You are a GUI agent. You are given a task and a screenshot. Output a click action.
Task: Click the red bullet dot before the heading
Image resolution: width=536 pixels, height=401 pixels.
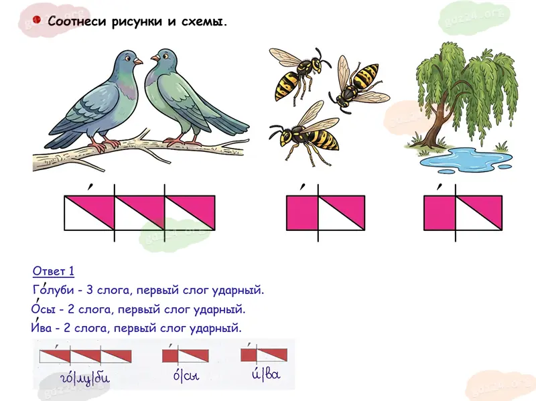click(37, 20)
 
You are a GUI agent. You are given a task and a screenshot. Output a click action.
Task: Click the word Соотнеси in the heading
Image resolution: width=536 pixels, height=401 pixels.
click(78, 21)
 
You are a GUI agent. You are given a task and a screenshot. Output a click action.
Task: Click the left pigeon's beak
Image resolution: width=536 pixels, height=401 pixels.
click(138, 61)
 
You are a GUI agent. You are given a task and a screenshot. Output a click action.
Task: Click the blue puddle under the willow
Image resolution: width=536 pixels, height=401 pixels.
click(466, 159)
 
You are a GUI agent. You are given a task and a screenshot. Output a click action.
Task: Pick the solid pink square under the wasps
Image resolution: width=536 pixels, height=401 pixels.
click(302, 213)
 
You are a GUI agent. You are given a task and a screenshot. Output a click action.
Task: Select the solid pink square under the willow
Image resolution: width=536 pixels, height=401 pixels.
click(440, 213)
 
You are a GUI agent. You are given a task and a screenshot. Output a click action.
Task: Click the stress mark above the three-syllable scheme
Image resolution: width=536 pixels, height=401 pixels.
click(90, 187)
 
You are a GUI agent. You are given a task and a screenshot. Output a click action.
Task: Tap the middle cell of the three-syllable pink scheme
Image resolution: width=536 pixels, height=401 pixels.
click(139, 213)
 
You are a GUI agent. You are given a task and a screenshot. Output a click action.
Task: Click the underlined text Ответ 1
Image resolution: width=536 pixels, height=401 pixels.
click(54, 271)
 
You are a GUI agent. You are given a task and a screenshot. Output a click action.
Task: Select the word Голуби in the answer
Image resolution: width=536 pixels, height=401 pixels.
click(53, 290)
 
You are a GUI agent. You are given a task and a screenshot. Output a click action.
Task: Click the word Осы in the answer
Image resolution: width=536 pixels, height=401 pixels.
click(43, 309)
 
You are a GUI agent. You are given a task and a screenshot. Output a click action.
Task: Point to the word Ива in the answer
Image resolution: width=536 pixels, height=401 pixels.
click(42, 328)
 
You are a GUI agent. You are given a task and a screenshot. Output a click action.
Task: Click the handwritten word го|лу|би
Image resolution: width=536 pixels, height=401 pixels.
click(85, 378)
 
